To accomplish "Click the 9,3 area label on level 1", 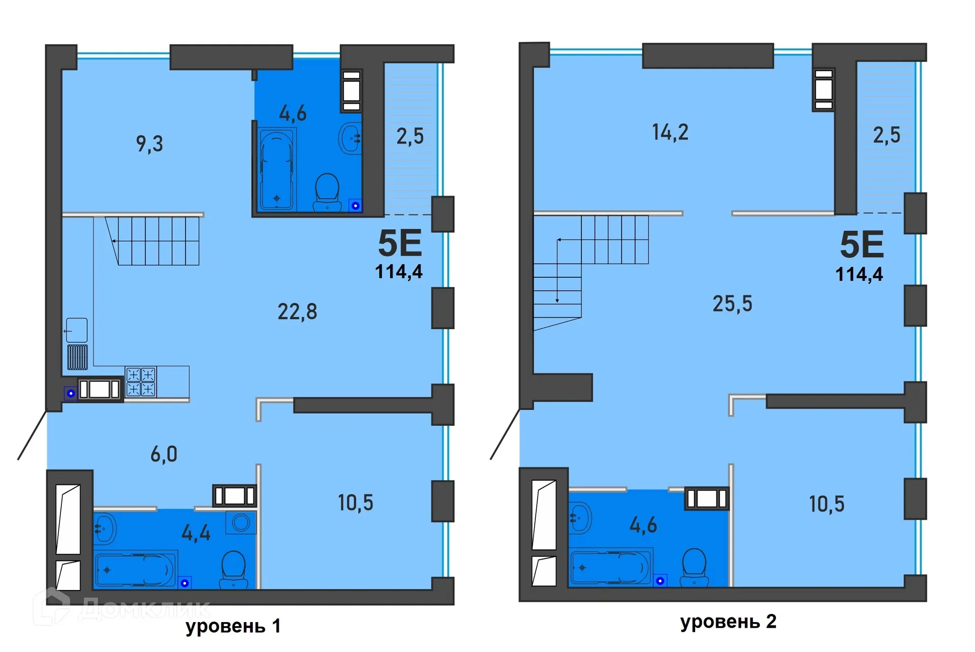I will coord(149,144).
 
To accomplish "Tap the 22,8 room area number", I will coord(297,311).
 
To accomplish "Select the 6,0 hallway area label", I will coord(164,454).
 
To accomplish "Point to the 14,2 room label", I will coord(670,132).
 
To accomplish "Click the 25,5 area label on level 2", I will coord(732,304).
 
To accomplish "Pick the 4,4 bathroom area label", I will coord(196,533).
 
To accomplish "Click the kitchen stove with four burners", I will coord(141,381).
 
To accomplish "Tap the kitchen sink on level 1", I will coord(77,330).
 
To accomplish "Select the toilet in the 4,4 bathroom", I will coord(234,569).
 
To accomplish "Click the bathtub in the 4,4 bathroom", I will coord(135,569).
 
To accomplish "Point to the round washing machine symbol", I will coord(241,522).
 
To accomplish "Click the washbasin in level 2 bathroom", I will coord(580,517).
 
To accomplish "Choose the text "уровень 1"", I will coord(233,626).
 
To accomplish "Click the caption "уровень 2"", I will coord(728,622).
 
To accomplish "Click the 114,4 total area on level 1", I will coord(399,272).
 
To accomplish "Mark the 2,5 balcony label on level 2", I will coord(887,135).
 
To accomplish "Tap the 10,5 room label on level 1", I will coord(355,503).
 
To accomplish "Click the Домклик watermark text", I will coord(145,607).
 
